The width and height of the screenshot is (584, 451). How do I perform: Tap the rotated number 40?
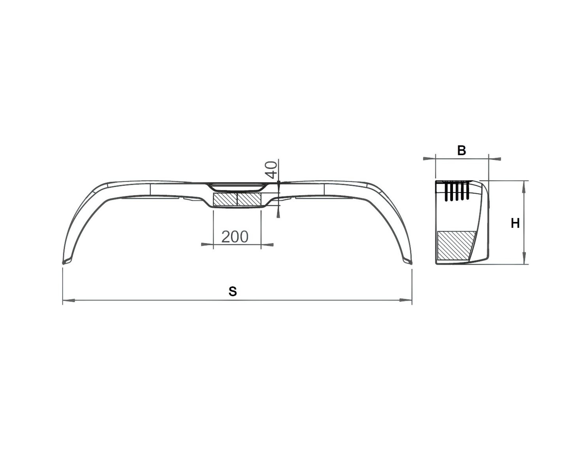coord(272,170)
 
